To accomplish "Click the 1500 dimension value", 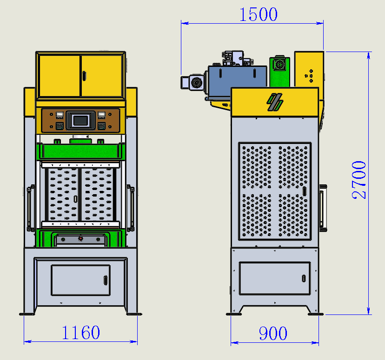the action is pyautogui.click(x=259, y=14).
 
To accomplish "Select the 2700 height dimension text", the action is pyautogui.click(x=358, y=180).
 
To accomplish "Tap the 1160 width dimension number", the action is pyautogui.click(x=81, y=333).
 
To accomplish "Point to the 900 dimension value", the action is pyautogui.click(x=273, y=333).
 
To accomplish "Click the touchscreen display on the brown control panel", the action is pyautogui.click(x=80, y=120).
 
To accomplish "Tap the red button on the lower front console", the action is pyautogui.click(x=80, y=238).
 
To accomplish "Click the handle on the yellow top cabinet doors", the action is pyautogui.click(x=84, y=76).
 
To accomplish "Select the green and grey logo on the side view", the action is pyautogui.click(x=275, y=102).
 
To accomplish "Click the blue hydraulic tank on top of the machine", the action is pyautogui.click(x=237, y=80).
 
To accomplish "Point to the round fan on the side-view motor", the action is pyautogui.click(x=196, y=82).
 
